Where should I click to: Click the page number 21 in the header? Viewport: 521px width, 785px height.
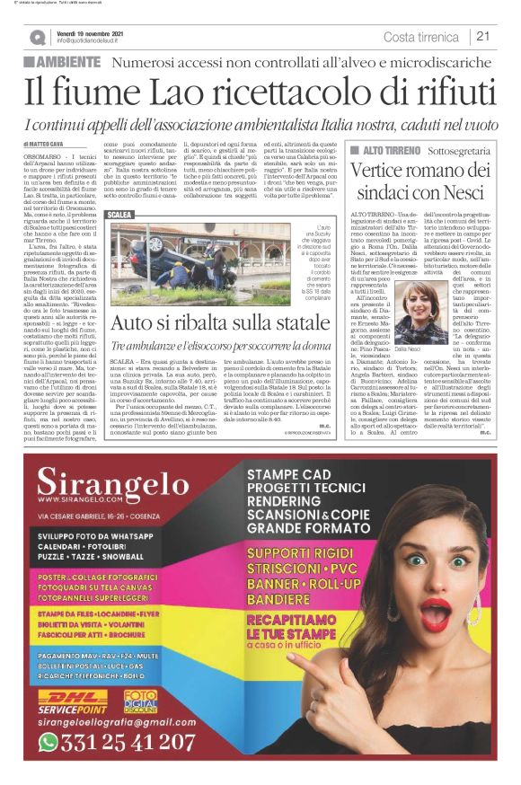(482, 37)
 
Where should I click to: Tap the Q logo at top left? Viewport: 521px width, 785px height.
(37, 38)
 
